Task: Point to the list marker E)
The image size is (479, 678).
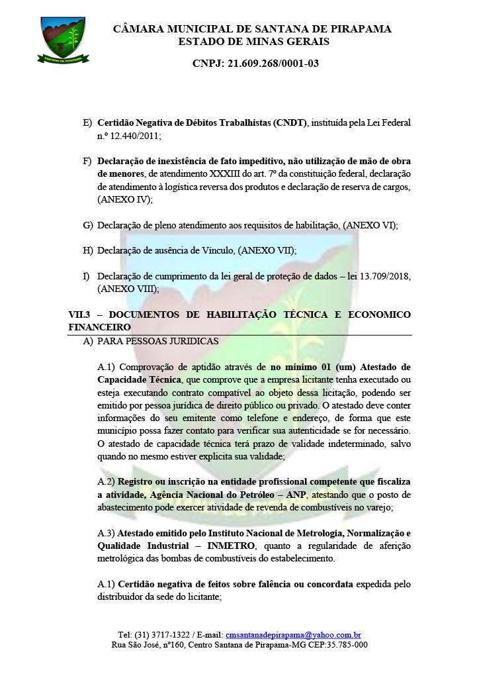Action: coord(87,123)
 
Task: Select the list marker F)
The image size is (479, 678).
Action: coord(87,162)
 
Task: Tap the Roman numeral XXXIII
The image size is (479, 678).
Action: coord(208,174)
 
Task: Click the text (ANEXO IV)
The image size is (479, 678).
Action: coord(125,199)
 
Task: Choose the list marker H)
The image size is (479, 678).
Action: coord(87,250)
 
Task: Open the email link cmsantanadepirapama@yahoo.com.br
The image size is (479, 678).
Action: coord(293,634)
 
